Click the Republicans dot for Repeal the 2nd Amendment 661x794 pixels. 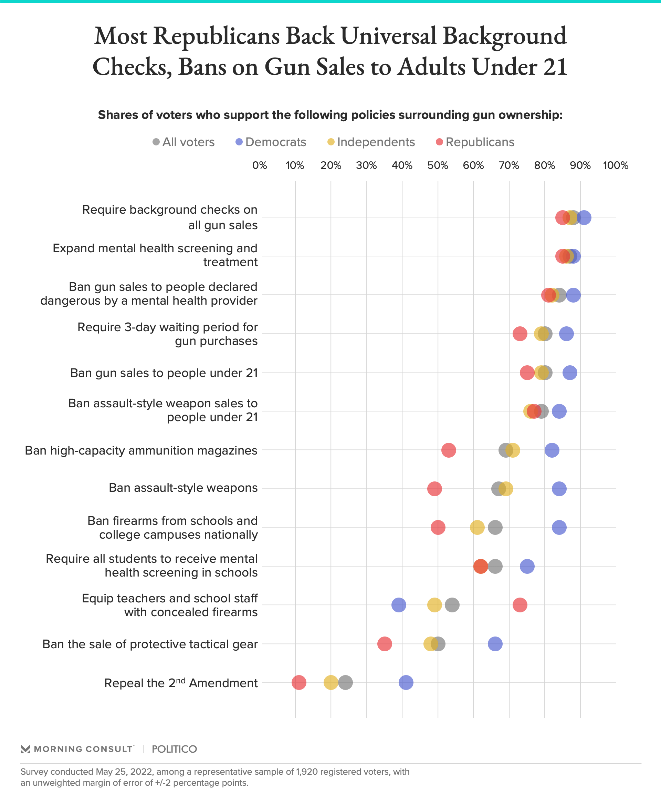pos(299,682)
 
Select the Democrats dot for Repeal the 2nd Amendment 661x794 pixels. pos(406,682)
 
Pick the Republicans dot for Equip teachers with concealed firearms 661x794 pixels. pos(520,605)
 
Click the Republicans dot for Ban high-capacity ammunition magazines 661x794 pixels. pos(448,450)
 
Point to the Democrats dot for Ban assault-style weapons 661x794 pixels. pos(559,489)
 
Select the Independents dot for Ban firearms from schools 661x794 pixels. pos(477,528)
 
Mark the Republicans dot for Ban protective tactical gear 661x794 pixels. pos(385,643)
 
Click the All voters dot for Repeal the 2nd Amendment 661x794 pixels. pos(345,682)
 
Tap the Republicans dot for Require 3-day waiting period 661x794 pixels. pos(520,334)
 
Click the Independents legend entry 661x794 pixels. pos(371,142)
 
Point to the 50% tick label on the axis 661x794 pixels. pos(438,166)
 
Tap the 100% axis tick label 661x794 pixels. pos(615,166)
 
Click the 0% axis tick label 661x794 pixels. pos(260,166)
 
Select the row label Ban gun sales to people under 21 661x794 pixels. pos(164,373)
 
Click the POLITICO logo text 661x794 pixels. pos(174,749)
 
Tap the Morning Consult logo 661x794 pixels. pos(78,749)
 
